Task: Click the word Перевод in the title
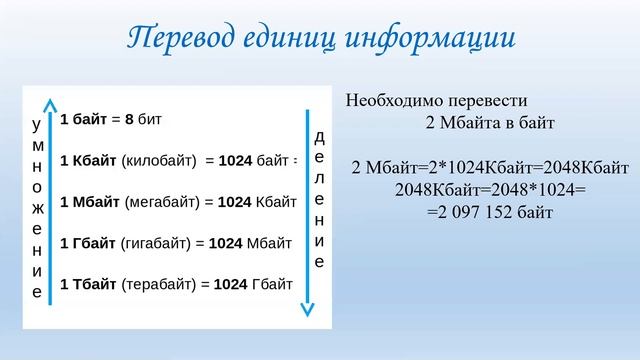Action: pos(177,37)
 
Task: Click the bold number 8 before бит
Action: pos(129,119)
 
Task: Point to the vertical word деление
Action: pos(319,200)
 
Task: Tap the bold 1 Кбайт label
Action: pos(88,160)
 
